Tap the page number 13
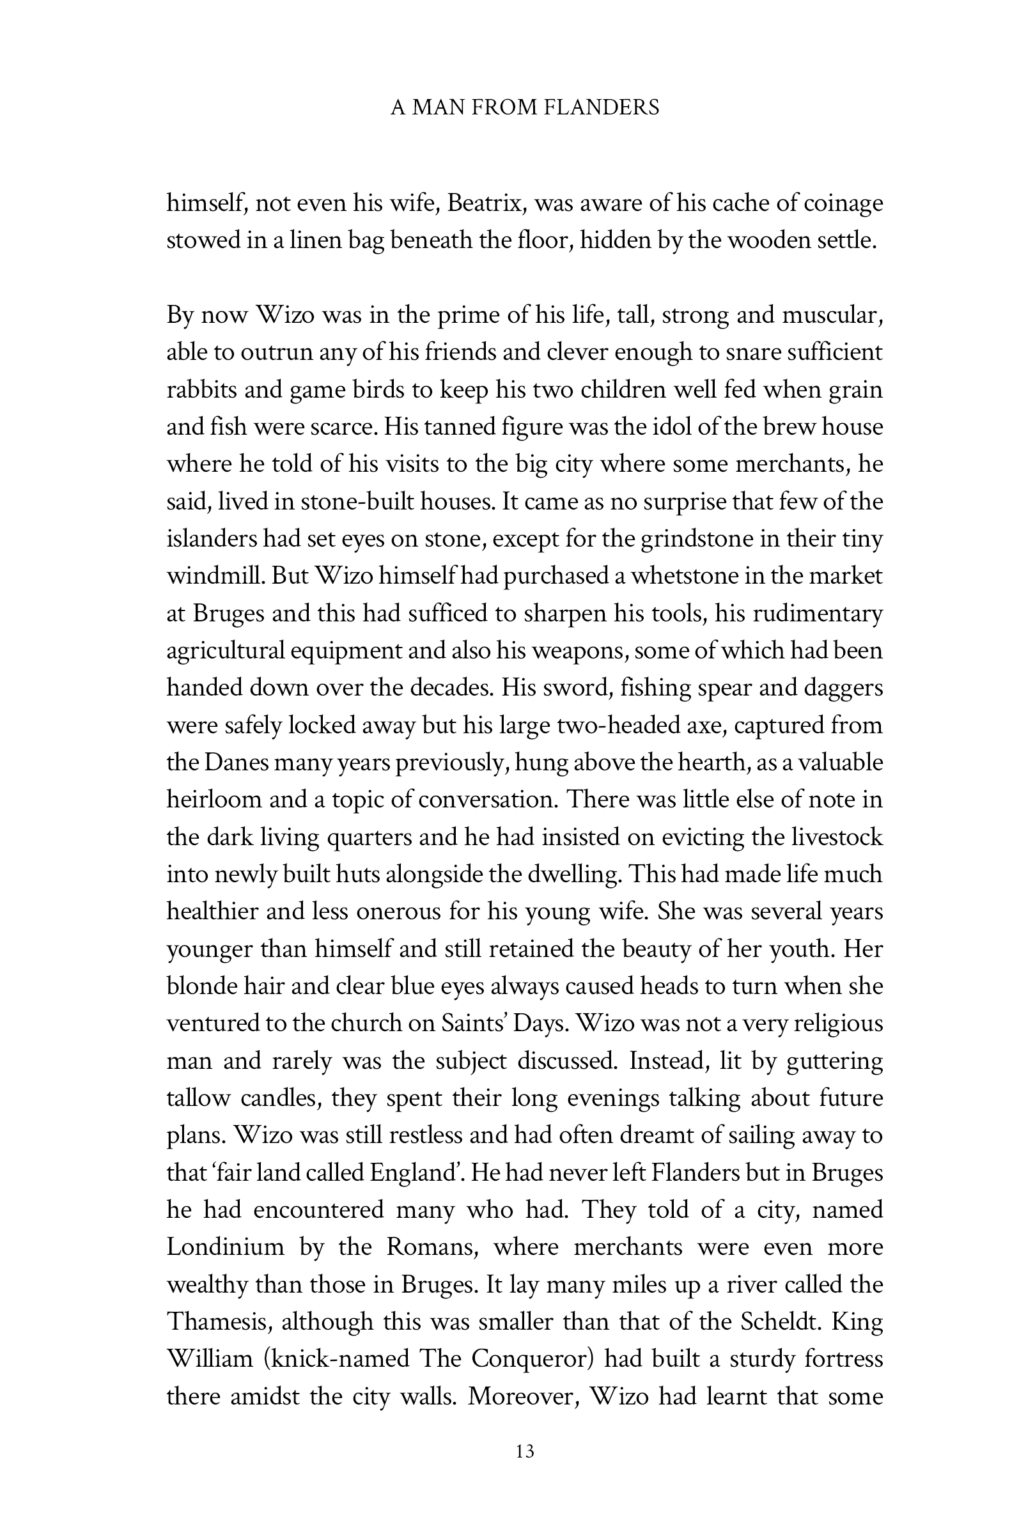point(524,1451)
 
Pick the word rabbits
point(198,390)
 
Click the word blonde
point(203,986)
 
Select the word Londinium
point(226,1248)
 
